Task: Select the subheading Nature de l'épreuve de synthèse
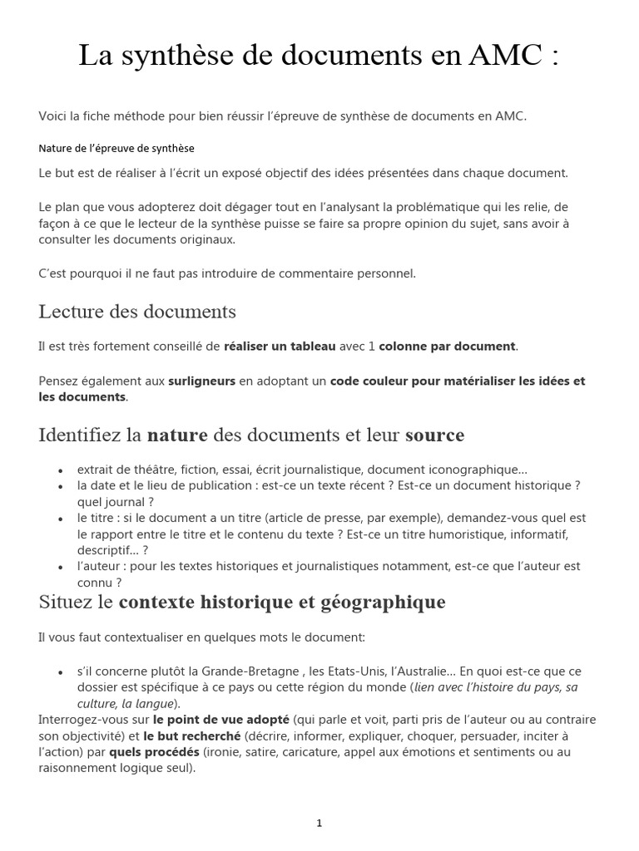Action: tap(116, 148)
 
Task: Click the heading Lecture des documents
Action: tap(137, 312)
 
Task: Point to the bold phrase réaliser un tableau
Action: tap(280, 347)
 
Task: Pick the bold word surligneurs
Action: tap(201, 381)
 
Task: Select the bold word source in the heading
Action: tap(434, 435)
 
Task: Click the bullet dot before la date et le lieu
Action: tap(61, 485)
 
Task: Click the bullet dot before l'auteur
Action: tap(61, 567)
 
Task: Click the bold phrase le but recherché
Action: tap(191, 736)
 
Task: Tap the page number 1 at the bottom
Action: tap(319, 824)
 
